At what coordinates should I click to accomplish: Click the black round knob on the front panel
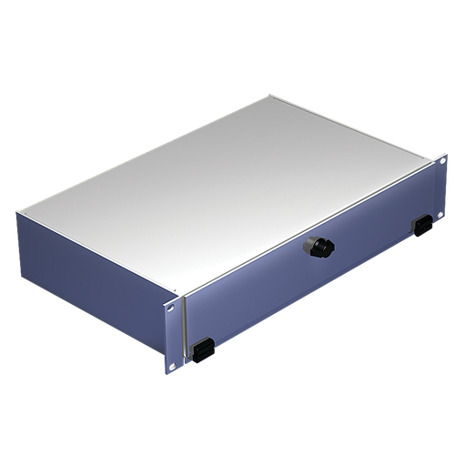click(x=321, y=248)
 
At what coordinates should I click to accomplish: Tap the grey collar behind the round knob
click(x=311, y=244)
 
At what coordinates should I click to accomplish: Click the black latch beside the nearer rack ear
click(x=202, y=349)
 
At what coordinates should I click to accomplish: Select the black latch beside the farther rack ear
click(x=423, y=225)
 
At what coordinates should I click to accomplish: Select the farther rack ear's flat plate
click(x=443, y=187)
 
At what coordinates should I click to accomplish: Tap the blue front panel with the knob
click(x=300, y=273)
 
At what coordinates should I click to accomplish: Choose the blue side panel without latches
click(x=91, y=264)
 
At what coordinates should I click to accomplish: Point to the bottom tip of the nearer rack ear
click(x=169, y=371)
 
